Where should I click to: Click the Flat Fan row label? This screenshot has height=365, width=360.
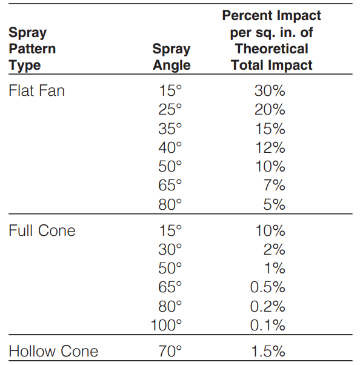[x=36, y=90]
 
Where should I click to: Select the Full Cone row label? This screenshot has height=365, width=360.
[x=42, y=230]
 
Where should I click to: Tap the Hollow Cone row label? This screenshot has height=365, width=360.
[x=53, y=351]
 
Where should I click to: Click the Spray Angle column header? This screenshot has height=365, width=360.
[x=172, y=57]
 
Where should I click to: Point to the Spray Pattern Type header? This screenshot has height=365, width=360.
[x=32, y=49]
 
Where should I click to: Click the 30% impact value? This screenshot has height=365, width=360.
[x=270, y=90]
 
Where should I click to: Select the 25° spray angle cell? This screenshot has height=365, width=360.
[x=170, y=109]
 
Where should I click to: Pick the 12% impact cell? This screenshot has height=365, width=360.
[x=270, y=147]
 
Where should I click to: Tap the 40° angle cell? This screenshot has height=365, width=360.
[x=170, y=147]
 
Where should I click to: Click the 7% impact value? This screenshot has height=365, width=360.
[x=275, y=186]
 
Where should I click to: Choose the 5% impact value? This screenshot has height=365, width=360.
[x=275, y=204]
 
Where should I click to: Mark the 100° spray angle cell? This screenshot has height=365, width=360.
[x=166, y=325]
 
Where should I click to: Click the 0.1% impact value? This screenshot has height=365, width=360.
[x=268, y=325]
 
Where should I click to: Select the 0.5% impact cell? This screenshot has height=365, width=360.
[x=268, y=287]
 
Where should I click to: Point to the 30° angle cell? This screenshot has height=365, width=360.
[x=170, y=249]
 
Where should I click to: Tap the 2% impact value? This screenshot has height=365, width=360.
[x=275, y=249]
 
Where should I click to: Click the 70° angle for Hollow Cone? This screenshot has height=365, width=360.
[x=170, y=351]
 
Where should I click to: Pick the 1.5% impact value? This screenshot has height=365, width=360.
[x=268, y=351]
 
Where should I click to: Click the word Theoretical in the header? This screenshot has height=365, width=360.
[x=272, y=49]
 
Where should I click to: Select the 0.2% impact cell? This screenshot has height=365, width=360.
[x=268, y=306]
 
